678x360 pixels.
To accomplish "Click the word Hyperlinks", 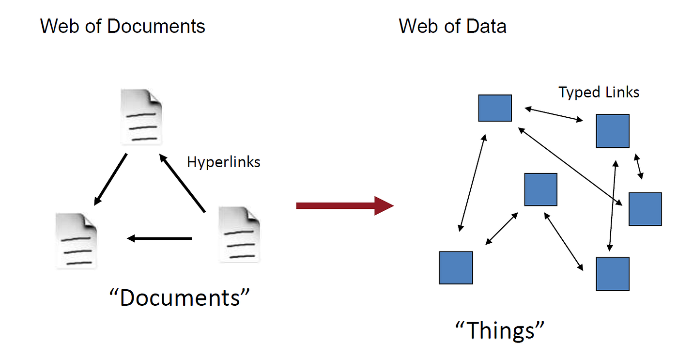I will tap(224, 161).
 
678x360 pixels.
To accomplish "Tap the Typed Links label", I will tap(599, 92).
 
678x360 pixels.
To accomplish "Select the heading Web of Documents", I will tap(123, 26).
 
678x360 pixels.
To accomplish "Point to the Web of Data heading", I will tap(453, 26).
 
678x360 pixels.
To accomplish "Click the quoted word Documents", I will tap(180, 297).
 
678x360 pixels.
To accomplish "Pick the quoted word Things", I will tap(500, 330).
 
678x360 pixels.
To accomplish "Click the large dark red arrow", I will tap(344, 205).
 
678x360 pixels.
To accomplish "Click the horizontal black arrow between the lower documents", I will tap(159, 238).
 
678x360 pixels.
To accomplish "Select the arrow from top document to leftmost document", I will tap(110, 179).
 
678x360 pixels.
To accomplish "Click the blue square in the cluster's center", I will tap(541, 189).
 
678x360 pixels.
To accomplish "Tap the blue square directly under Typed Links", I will tap(613, 131).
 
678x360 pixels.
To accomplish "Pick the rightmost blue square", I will tap(645, 209).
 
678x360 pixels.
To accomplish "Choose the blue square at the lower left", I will tap(456, 267).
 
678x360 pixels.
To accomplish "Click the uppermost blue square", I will tap(495, 108).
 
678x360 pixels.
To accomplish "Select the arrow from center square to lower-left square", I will tap(502, 228).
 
